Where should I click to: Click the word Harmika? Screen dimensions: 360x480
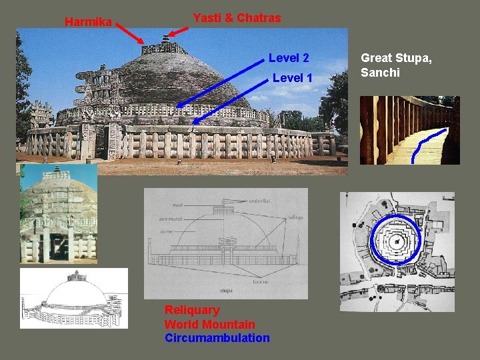click(x=88, y=22)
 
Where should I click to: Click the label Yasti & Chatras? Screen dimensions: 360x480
click(x=237, y=18)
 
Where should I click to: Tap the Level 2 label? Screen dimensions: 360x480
click(x=289, y=58)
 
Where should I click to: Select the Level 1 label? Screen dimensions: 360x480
click(x=293, y=78)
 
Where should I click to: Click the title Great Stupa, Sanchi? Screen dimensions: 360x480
click(x=396, y=65)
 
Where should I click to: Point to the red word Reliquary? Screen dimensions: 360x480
click(x=192, y=310)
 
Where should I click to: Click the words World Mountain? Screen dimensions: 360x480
click(x=209, y=324)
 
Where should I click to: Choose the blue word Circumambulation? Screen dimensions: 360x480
click(x=217, y=338)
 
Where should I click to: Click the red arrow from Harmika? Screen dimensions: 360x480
click(x=129, y=33)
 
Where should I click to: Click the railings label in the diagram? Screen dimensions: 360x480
click(x=296, y=217)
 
